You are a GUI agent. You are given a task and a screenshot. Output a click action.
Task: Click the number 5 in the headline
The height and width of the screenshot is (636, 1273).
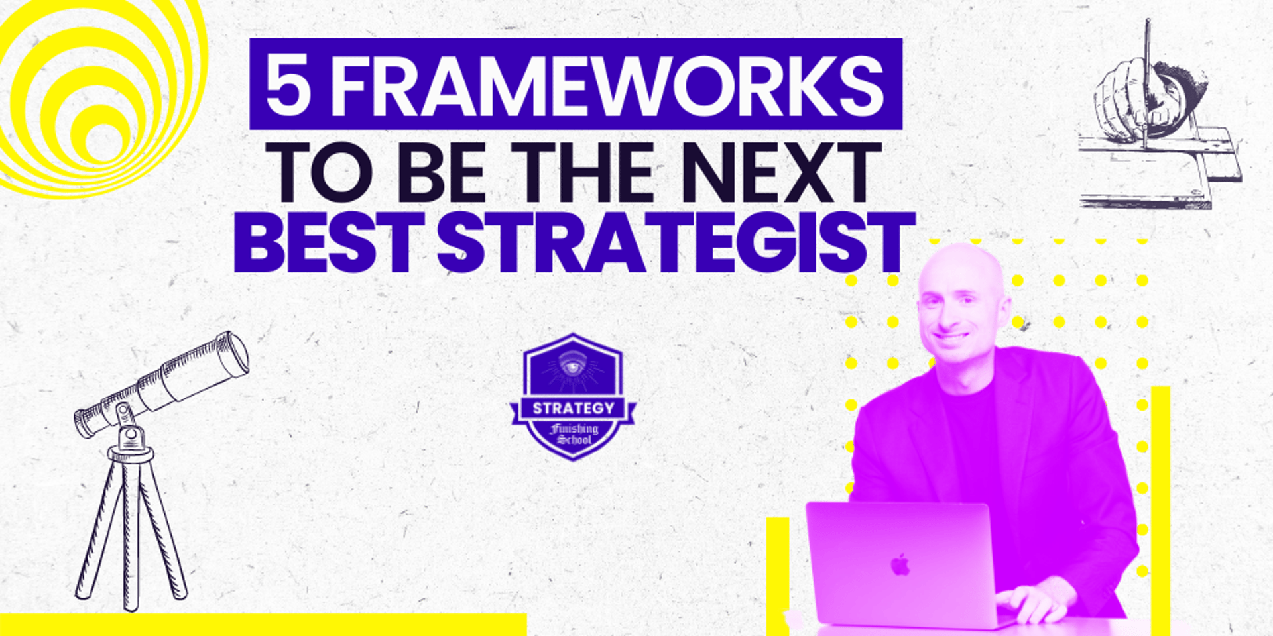click(288, 85)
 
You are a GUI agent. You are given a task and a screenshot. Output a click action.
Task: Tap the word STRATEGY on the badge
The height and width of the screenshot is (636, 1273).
click(574, 408)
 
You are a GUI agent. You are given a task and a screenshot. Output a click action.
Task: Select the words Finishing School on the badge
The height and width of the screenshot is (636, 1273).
click(574, 434)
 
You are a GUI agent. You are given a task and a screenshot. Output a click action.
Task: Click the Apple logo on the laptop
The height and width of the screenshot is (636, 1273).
click(900, 565)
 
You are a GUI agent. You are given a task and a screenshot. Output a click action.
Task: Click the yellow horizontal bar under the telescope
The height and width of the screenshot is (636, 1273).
click(263, 624)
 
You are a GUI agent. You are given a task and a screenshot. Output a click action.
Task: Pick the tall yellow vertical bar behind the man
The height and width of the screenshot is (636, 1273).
click(1160, 510)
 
